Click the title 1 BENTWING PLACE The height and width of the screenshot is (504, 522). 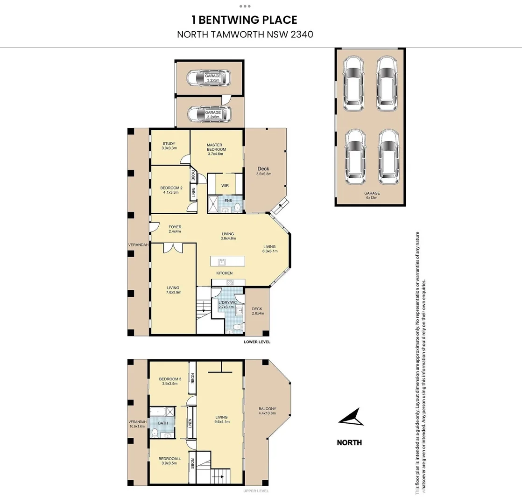click(244, 20)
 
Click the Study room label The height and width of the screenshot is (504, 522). click(169, 146)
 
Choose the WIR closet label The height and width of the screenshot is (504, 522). click(225, 185)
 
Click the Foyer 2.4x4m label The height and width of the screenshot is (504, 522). click(175, 229)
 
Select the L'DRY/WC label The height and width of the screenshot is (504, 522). click(228, 305)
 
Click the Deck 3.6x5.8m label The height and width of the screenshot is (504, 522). click(263, 171)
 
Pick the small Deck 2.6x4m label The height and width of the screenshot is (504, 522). click(257, 311)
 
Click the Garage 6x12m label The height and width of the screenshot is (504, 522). click(372, 195)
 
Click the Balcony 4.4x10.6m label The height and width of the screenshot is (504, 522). click(268, 411)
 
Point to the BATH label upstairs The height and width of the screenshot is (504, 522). click(163, 423)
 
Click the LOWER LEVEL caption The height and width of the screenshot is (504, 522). click(257, 342)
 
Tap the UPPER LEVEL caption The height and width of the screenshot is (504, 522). click(256, 491)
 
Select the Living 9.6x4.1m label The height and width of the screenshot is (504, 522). click(221, 420)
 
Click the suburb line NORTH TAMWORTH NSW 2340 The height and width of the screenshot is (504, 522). click(244, 34)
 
